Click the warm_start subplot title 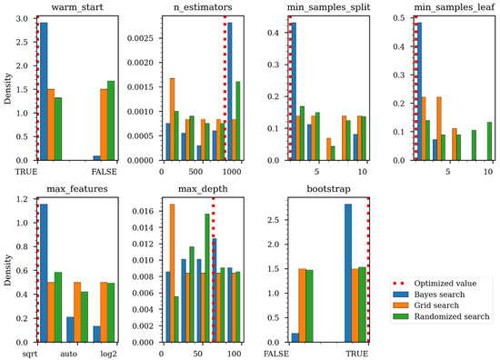pos(71,8)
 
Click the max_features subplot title pos(71,189)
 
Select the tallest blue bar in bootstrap pos(347,273)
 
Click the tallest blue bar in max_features pos(43,273)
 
